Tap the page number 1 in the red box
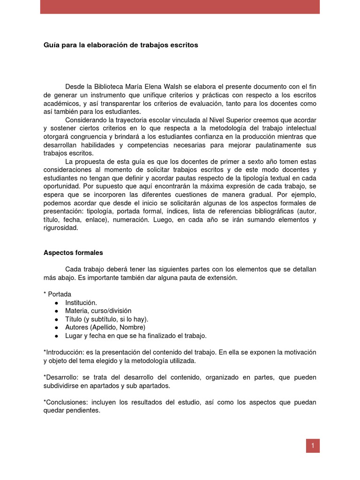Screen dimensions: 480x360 point(313,446)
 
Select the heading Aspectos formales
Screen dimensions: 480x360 point(73,252)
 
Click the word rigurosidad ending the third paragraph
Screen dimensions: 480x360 point(61,228)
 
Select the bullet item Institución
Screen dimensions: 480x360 point(81,303)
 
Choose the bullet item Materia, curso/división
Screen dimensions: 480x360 point(98,310)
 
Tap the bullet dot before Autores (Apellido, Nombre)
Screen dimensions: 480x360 point(56,327)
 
